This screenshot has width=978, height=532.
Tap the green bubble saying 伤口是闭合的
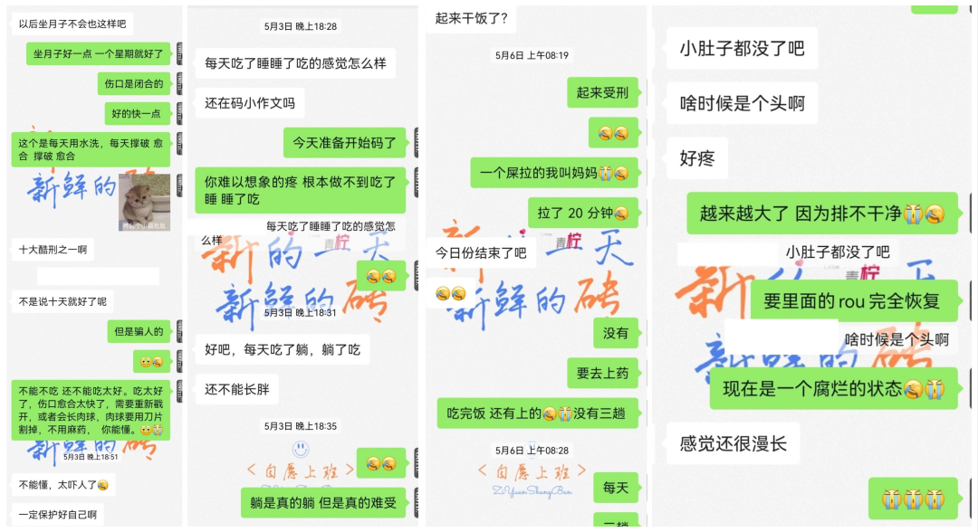134,84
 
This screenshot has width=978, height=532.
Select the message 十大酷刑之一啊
53,249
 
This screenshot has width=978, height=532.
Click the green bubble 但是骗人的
139,331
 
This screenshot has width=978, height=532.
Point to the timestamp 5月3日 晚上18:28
301,27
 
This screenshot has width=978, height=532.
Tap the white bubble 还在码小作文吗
250,103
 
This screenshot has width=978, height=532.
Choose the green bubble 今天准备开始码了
345,143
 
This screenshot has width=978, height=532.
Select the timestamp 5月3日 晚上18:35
301,426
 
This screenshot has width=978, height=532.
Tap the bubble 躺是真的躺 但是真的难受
323,502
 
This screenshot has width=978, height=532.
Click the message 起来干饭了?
471,18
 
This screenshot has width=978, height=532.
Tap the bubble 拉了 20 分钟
583,214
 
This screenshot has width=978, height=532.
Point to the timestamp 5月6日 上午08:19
532,55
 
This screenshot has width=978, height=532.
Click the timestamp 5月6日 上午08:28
532,450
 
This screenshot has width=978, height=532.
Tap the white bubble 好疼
697,159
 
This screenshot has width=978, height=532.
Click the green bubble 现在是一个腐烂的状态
833,388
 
